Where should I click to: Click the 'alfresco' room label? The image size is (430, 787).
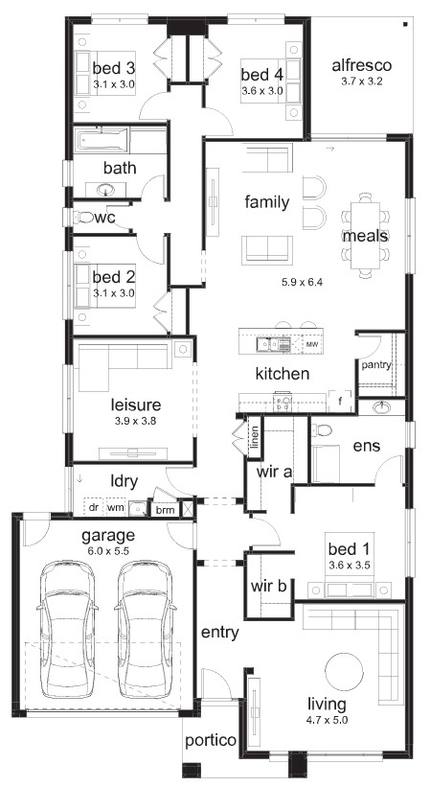(x=361, y=65)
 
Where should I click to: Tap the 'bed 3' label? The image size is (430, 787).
(x=114, y=67)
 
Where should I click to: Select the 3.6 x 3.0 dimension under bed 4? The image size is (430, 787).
(x=262, y=91)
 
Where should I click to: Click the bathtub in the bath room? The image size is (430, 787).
(x=102, y=141)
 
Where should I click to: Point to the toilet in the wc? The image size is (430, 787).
(x=83, y=218)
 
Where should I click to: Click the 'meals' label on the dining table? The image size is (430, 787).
(x=365, y=236)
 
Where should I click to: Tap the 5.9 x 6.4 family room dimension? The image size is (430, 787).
(x=301, y=282)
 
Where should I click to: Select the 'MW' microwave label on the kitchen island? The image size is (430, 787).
(x=312, y=345)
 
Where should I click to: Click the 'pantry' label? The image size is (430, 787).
(x=376, y=365)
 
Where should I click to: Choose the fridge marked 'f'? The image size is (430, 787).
(x=341, y=401)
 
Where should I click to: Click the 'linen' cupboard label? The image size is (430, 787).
(x=255, y=436)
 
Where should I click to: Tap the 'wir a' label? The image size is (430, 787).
(x=275, y=473)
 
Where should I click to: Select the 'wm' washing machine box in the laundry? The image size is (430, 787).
(x=116, y=507)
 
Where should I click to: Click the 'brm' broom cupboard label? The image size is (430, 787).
(x=165, y=510)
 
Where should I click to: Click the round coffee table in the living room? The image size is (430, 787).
(x=344, y=671)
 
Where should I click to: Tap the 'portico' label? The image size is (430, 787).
(x=211, y=740)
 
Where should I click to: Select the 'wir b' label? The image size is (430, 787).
(x=268, y=586)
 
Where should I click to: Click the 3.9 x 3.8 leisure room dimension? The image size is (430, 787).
(x=135, y=421)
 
